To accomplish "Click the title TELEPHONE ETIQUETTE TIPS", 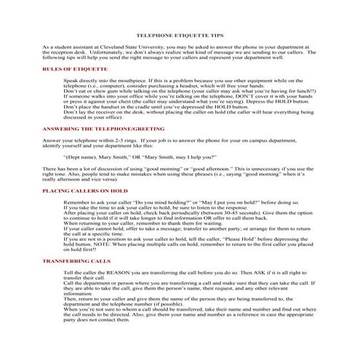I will click(180, 34).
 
